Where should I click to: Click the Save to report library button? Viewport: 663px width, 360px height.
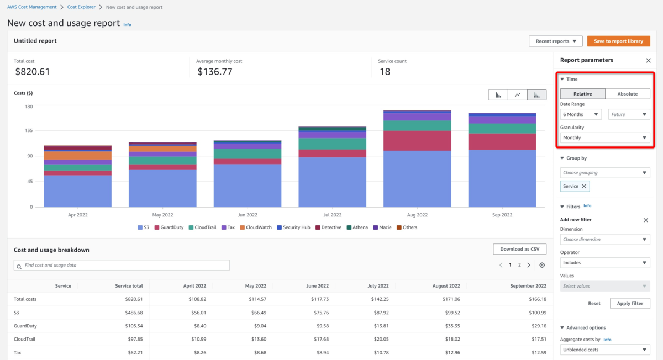click(x=618, y=41)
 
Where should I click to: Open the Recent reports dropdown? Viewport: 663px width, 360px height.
click(x=555, y=41)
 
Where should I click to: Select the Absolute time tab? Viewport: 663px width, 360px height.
click(x=627, y=94)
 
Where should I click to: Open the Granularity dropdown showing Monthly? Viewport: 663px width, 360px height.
click(x=604, y=137)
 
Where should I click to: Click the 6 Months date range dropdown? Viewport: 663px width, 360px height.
click(x=581, y=114)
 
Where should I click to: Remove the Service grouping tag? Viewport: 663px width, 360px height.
click(x=584, y=186)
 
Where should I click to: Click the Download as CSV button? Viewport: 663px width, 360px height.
click(x=519, y=250)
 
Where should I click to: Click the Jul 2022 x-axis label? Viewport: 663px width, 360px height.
click(x=333, y=215)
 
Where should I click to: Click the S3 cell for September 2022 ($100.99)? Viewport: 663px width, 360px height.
click(x=535, y=313)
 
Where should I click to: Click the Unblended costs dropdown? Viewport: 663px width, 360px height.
click(x=604, y=350)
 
